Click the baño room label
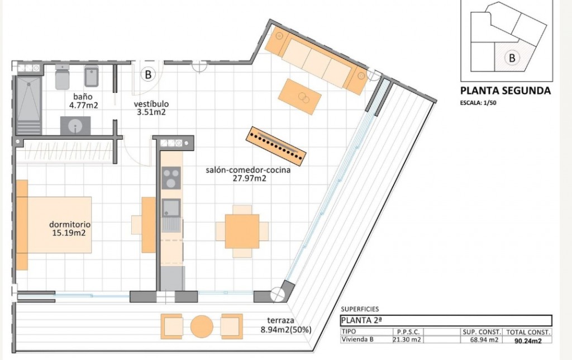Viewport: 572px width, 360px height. (83, 97)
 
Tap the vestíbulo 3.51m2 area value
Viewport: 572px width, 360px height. (151, 112)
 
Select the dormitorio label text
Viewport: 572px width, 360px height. (70, 225)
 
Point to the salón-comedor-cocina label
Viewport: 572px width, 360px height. (248, 170)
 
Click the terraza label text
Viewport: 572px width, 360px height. (280, 320)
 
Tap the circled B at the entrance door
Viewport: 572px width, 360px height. (148, 74)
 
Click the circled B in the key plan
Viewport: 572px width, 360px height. (512, 58)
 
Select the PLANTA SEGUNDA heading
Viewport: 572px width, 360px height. (505, 91)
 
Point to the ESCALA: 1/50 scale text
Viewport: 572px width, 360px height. (478, 103)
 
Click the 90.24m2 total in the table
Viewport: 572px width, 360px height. (528, 341)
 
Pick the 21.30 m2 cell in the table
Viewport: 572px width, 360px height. (407, 339)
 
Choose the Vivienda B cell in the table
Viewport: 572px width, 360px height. (357, 339)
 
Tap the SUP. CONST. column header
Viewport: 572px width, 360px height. (482, 332)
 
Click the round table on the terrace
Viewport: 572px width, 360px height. (202, 326)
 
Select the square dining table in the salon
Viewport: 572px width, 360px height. (242, 231)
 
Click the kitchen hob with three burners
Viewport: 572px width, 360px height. (171, 178)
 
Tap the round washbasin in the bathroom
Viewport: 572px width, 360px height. (75, 126)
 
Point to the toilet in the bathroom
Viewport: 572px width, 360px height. (63, 77)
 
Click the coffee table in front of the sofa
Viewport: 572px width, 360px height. (300, 97)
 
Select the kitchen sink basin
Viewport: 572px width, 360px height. (170, 208)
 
